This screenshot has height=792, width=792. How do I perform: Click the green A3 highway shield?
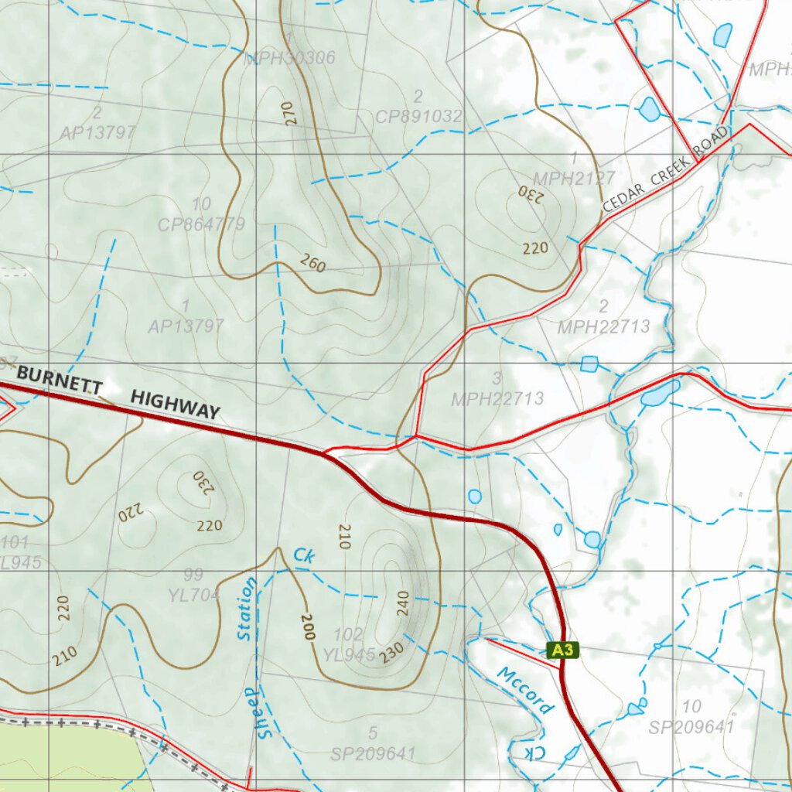563,650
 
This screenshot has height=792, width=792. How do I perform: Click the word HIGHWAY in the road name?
175,405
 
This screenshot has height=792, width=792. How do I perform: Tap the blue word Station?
247,609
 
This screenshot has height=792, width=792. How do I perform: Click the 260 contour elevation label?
312,264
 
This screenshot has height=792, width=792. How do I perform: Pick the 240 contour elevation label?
402,603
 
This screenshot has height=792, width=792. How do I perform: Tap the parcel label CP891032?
418,117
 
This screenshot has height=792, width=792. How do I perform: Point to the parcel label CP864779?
201,225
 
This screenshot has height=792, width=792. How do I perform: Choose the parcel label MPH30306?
289,58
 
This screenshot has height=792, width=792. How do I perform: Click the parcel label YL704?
194,595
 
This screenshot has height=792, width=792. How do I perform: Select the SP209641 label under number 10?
691,727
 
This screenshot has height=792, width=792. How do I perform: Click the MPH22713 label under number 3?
497,399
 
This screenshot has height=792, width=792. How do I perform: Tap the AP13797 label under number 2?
98,133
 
